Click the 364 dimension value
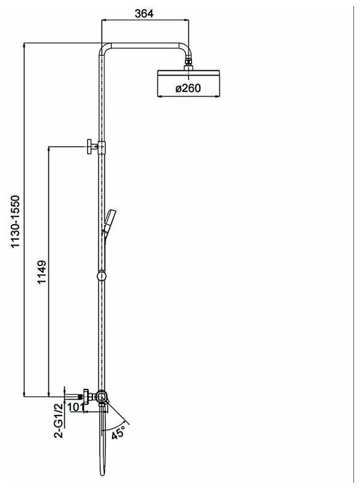[145, 14]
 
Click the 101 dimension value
[76, 407]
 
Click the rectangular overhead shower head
[188, 83]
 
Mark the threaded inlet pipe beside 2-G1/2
[72, 394]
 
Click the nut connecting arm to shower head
[188, 61]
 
